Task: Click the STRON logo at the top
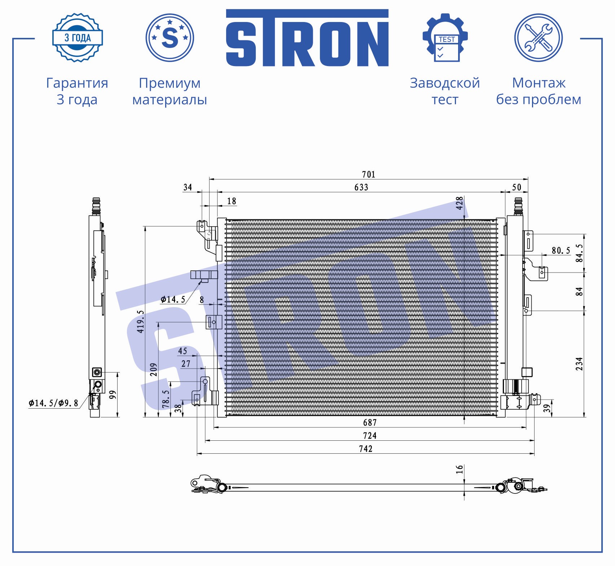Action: (x=307, y=38)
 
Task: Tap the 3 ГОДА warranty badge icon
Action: (x=78, y=38)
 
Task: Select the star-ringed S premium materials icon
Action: (x=170, y=38)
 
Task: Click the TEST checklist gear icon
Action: (x=445, y=38)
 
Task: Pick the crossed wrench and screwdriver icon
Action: (x=539, y=38)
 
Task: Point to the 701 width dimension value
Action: (x=369, y=175)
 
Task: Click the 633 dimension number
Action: (x=361, y=187)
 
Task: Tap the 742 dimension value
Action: (x=366, y=449)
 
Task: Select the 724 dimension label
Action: (x=370, y=436)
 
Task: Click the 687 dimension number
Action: (x=370, y=422)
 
